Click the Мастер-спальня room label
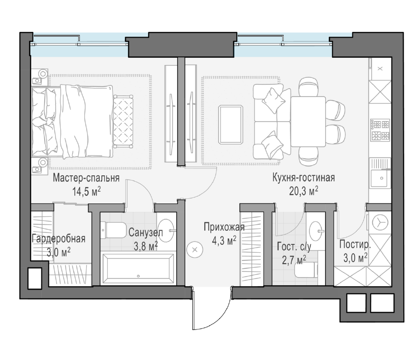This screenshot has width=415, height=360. pos(86,178)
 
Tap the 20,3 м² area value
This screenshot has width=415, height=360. pos(303,191)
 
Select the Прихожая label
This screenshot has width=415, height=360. pos(224,227)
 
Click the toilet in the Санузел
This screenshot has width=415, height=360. pos(113,230)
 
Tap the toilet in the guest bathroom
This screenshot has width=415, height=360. pos(306,270)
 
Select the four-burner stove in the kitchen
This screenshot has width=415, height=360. pos(381,130)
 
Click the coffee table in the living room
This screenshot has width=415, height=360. pos(231,125)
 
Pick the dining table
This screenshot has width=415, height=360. pos(308,121)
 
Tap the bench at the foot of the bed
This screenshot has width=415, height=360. pos(123,121)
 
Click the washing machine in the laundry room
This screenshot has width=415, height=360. pos(380,222)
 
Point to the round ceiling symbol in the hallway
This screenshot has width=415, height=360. pos(195,250)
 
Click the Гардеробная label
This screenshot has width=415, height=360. pos(58,238)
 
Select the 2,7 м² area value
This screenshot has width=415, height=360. pos(294,260)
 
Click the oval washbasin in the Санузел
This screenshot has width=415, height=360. pos(167,230)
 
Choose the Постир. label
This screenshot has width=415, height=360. pos(355,244)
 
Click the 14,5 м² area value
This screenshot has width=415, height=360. pos(87,191)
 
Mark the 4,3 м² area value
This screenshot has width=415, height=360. pos(224,241)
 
